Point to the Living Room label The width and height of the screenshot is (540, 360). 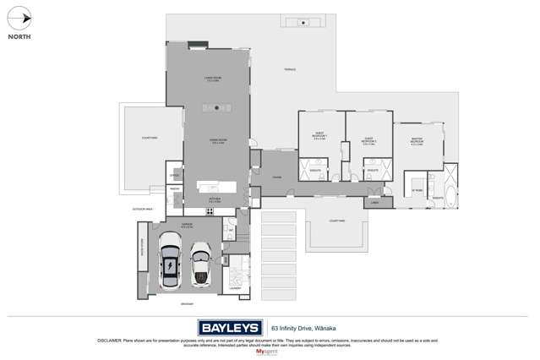tap(212, 79)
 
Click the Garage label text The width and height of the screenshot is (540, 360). tap(187, 224)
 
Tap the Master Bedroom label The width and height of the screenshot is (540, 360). tap(417, 143)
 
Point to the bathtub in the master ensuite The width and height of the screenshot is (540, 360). tap(452, 199)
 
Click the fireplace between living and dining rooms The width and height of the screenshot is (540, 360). tap(217, 107)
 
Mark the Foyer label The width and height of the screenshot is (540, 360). tap(275, 177)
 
